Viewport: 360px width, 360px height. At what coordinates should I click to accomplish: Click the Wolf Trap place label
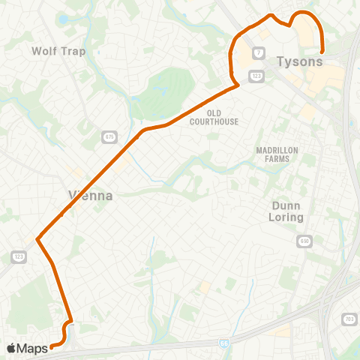(58, 51)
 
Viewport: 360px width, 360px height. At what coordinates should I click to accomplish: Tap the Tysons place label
(299, 61)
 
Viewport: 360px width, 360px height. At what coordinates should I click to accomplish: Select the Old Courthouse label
(214, 118)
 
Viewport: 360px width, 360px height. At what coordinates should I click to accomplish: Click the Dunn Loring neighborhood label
(286, 210)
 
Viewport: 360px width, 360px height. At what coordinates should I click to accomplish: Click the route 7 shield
(259, 52)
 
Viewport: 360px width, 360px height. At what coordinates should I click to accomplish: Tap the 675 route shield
(110, 136)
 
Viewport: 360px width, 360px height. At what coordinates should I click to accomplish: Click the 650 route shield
(304, 241)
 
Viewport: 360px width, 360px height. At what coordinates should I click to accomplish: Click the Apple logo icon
(11, 348)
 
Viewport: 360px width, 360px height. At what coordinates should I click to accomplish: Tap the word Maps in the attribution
(32, 348)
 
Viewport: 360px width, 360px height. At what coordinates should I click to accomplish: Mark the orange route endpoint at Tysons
(322, 51)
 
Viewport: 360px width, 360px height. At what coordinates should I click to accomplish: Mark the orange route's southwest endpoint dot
(52, 346)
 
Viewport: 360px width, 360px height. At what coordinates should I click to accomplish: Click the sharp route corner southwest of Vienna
(37, 241)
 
